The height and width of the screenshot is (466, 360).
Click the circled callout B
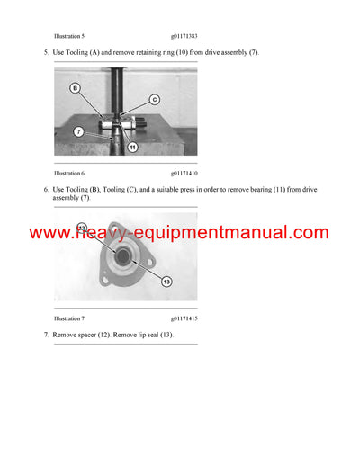click(76, 88)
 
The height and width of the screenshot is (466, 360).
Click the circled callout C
click(154, 98)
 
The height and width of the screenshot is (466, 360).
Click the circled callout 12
click(82, 229)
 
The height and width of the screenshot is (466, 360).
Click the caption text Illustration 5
click(69, 35)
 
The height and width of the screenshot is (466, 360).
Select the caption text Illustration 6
click(69, 172)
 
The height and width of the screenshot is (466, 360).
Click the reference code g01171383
click(186, 35)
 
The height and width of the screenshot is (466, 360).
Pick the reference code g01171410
click(186, 172)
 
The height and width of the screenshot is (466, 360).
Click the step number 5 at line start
click(46, 53)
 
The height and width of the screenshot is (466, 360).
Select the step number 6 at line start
click(46, 190)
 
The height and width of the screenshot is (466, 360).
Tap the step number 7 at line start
click(46, 335)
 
